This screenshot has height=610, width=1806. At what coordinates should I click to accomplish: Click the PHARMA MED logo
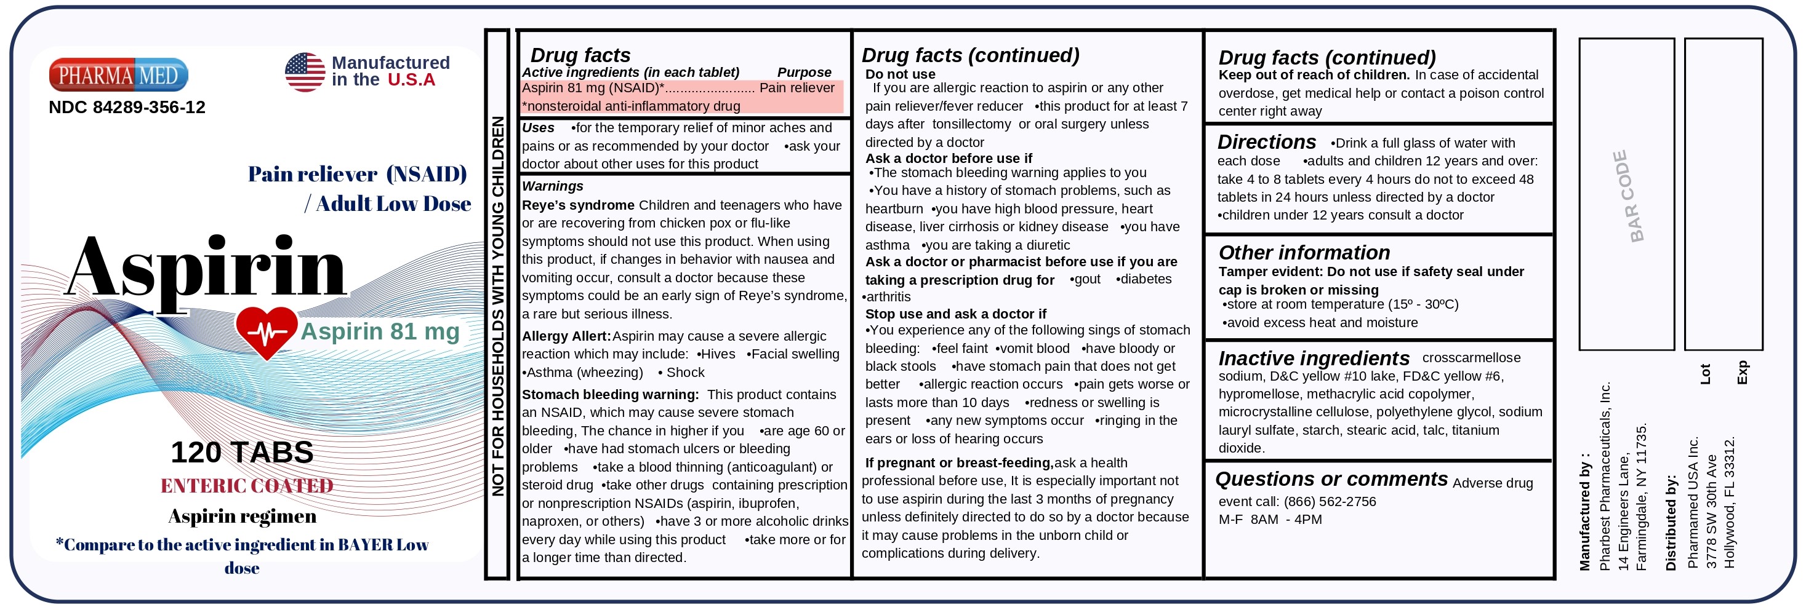pyautogui.click(x=118, y=75)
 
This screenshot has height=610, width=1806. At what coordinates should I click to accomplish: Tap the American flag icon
pyautogui.click(x=305, y=72)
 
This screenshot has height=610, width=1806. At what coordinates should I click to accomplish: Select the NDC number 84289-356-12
pyautogui.click(x=127, y=107)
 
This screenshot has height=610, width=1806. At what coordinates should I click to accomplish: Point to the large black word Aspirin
pyautogui.click(x=206, y=268)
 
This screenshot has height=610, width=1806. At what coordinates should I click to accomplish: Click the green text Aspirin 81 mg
pyautogui.click(x=380, y=331)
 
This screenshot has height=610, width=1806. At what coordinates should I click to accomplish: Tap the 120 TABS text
pyautogui.click(x=242, y=453)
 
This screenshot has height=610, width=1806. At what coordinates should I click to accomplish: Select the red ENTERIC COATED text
pyautogui.click(x=247, y=486)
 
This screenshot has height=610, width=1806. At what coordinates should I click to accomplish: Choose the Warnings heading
pyautogui.click(x=553, y=186)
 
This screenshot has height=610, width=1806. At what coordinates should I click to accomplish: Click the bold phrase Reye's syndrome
pyautogui.click(x=578, y=205)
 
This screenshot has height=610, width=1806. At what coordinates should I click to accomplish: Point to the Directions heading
pyautogui.click(x=1266, y=142)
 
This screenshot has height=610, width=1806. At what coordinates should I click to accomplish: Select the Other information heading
pyautogui.click(x=1303, y=253)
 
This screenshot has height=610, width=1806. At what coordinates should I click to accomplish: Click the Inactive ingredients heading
pyautogui.click(x=1313, y=358)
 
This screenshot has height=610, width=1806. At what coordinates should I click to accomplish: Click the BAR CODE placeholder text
pyautogui.click(x=1627, y=196)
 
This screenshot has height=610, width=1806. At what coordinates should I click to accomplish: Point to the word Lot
pyautogui.click(x=1706, y=374)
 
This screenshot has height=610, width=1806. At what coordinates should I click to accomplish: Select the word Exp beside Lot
pyautogui.click(x=1742, y=372)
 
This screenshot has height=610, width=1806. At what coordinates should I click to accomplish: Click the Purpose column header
pyautogui.click(x=803, y=72)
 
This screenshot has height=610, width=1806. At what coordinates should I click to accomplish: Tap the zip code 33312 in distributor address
pyautogui.click(x=1730, y=456)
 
